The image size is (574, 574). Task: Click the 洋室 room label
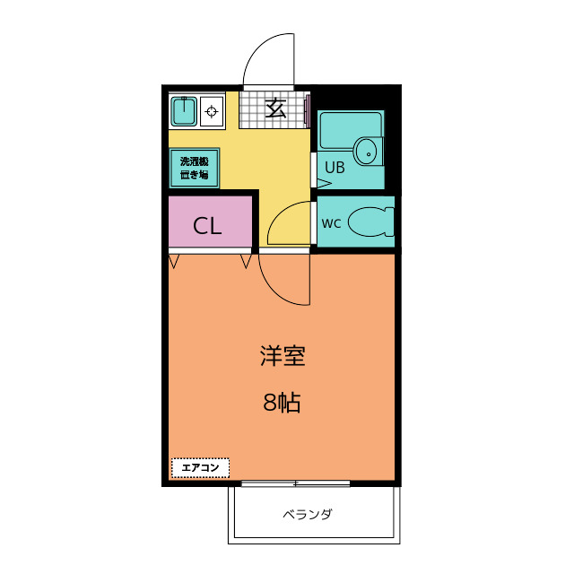[283, 356]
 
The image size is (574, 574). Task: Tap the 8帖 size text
[282, 403]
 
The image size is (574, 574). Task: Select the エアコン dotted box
[200, 467]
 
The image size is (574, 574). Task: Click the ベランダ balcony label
[308, 515]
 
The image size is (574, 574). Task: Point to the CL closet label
[207, 225]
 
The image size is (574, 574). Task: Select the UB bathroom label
[334, 166]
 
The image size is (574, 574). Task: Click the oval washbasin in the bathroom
[366, 151]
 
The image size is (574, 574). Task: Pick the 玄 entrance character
[275, 109]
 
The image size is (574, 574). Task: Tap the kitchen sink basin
[185, 112]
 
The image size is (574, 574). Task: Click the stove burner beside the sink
[212, 112]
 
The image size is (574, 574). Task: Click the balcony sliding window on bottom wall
[295, 483]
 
